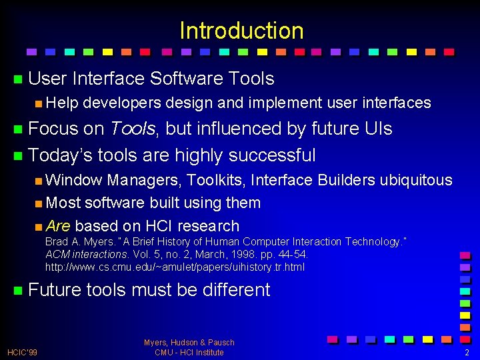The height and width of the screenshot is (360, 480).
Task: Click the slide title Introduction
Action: (241, 31)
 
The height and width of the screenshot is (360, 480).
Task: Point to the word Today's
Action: (61, 155)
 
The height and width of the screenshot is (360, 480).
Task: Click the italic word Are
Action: (59, 226)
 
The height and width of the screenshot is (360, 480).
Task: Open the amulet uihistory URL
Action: (175, 267)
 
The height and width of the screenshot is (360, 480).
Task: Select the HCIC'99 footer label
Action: (22, 352)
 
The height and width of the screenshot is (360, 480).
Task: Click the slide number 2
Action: (467, 352)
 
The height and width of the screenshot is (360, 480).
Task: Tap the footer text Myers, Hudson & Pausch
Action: (189, 343)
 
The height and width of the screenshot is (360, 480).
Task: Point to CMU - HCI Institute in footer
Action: (189, 352)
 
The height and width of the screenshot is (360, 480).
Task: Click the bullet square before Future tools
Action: (17, 291)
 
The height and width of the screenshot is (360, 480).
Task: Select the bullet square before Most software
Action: (39, 203)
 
